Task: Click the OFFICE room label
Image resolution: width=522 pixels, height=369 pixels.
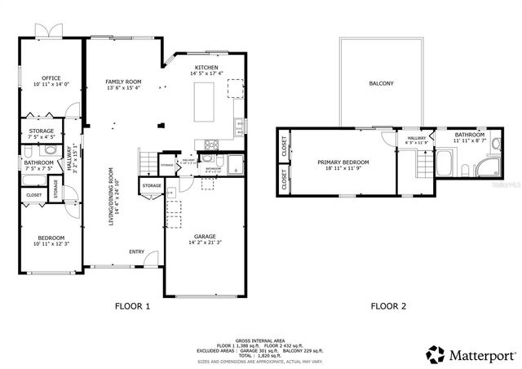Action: click(x=51, y=78)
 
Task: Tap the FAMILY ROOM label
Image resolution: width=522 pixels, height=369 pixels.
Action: click(x=123, y=82)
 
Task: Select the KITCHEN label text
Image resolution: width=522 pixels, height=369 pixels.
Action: click(x=206, y=67)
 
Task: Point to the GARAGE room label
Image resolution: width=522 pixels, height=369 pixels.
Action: click(x=205, y=236)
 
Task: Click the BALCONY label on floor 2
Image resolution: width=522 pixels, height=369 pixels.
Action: click(x=381, y=83)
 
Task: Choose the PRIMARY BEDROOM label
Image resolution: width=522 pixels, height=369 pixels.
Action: click(x=343, y=162)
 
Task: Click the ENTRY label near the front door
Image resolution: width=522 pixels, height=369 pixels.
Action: click(x=136, y=251)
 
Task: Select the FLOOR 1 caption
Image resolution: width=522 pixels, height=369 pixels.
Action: click(x=132, y=307)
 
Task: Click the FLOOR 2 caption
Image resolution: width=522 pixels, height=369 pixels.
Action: click(x=388, y=307)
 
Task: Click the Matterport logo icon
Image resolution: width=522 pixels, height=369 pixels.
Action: click(x=436, y=355)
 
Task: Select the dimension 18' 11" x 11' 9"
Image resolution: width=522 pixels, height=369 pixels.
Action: click(x=343, y=169)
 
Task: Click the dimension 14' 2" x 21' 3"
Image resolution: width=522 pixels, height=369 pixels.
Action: click(x=205, y=242)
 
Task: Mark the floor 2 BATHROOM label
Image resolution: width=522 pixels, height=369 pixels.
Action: click(x=470, y=135)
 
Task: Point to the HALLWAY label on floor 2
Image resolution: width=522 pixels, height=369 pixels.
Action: click(x=415, y=139)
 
